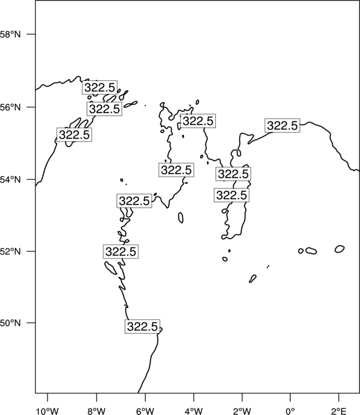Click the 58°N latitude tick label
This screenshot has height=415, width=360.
(x=10, y=34)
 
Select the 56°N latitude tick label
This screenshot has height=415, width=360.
(x=10, y=107)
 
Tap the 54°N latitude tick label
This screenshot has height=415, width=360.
(x=10, y=180)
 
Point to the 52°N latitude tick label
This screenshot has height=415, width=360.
(x=10, y=251)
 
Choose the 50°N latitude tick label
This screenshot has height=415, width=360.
(x=10, y=323)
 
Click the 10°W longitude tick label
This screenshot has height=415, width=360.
(x=48, y=411)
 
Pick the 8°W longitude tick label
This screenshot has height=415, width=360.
(x=96, y=411)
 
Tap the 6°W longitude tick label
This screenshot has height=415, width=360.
(x=145, y=411)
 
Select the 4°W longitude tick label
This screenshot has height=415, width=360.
(x=194, y=411)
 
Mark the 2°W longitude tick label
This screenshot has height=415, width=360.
(x=242, y=411)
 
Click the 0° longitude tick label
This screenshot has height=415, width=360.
(x=290, y=411)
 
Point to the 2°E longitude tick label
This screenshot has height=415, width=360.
(x=339, y=411)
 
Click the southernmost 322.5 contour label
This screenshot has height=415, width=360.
(x=142, y=326)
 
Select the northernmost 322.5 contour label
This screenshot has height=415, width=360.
(x=100, y=87)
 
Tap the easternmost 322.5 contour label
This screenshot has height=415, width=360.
(x=282, y=126)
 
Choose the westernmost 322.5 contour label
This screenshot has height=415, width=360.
(x=74, y=134)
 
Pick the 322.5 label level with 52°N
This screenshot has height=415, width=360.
(x=121, y=251)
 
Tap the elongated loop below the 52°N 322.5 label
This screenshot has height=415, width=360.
(x=110, y=268)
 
